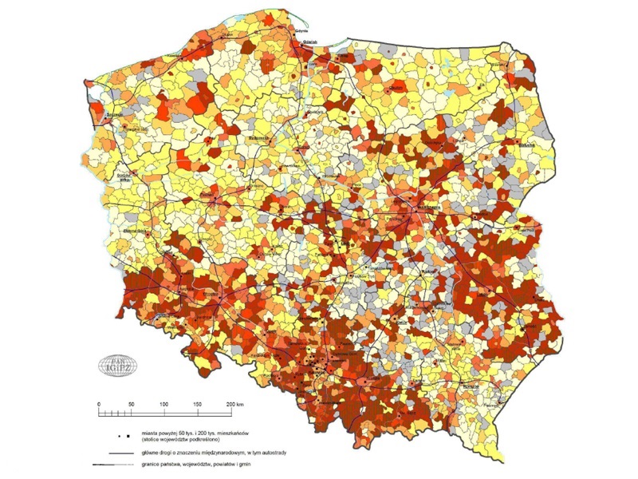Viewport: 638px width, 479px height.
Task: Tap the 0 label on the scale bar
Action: [99, 405]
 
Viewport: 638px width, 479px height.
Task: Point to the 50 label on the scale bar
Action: [131, 405]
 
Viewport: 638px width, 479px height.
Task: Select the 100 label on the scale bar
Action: [164, 405]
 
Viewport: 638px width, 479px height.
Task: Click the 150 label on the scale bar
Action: [197, 405]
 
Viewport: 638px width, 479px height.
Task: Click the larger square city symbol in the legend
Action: [127, 436]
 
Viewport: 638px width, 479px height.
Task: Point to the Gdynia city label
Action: [301, 31]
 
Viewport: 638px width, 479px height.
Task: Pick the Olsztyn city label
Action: [395, 89]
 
